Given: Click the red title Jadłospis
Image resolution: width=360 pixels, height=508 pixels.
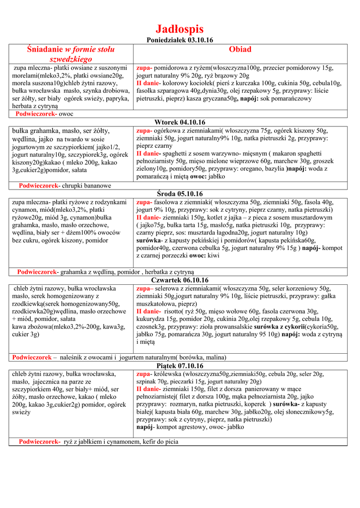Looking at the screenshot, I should (x=180, y=29).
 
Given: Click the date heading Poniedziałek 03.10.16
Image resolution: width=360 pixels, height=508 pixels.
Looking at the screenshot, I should (x=180, y=40).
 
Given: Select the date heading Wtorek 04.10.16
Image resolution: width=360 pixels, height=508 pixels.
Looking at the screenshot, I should (x=180, y=122).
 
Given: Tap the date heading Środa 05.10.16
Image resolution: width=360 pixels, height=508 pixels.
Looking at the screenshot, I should (x=180, y=194).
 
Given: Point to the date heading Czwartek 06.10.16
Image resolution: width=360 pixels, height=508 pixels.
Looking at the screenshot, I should (x=180, y=280).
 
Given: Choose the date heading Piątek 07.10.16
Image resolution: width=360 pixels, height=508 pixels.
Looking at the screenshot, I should (x=180, y=366).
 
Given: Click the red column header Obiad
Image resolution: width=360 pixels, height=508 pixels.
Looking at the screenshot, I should (x=240, y=50).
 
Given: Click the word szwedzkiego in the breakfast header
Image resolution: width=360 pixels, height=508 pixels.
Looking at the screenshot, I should (x=71, y=59).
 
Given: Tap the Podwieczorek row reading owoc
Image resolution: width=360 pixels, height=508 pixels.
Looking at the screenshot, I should (x=66, y=114).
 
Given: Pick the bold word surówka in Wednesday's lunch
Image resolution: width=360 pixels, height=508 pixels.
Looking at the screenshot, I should (x=147, y=240).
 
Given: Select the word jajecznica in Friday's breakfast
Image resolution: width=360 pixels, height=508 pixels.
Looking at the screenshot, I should (x=50, y=382).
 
